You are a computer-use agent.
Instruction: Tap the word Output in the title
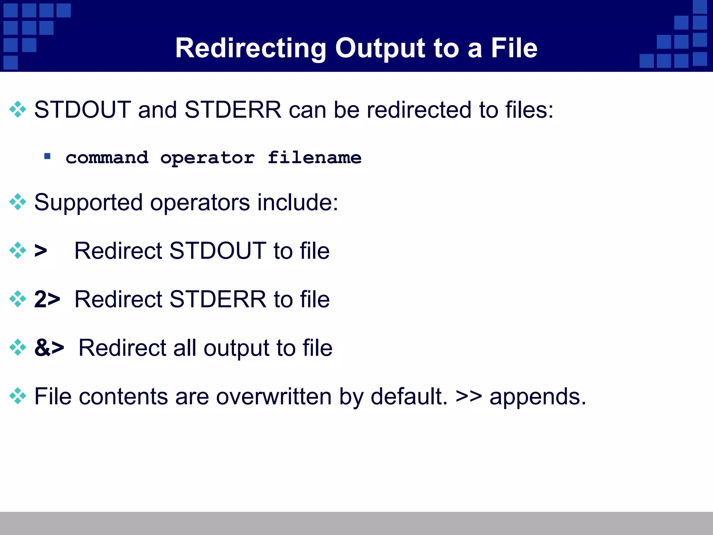point(380,48)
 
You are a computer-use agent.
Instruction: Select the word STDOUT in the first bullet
point(83,110)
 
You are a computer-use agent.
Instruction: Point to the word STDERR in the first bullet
point(233,110)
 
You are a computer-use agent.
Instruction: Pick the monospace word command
point(107,158)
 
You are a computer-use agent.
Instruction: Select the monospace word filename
point(314,158)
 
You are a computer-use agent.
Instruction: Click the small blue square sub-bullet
point(47,156)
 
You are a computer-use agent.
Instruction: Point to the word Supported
point(88,203)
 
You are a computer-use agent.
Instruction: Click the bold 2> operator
point(47,299)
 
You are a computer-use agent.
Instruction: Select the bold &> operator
point(49,348)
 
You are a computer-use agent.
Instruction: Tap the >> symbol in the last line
point(469,396)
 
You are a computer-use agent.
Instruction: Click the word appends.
point(538,397)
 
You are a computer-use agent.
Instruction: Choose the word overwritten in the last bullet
point(274,396)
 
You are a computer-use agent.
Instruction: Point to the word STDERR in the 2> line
point(218,299)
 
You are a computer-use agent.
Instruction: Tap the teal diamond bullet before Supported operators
point(18,202)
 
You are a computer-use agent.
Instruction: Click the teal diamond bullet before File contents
point(18,396)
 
